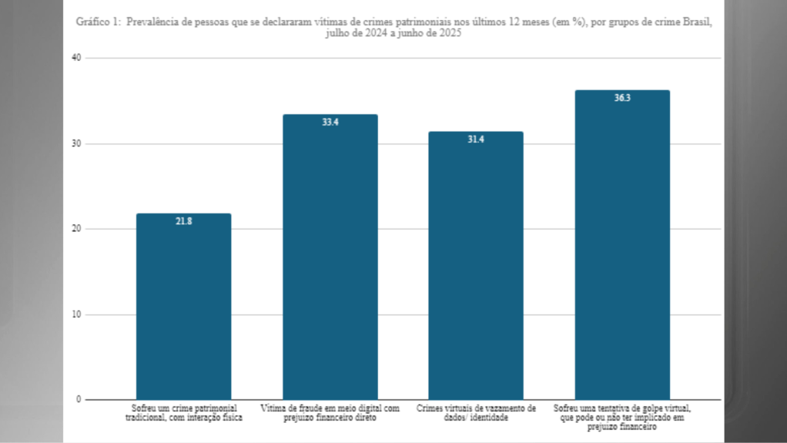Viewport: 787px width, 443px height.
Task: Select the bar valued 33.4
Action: (x=330, y=257)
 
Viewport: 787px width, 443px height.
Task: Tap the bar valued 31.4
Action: (x=476, y=266)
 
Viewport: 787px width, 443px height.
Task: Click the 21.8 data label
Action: (x=183, y=221)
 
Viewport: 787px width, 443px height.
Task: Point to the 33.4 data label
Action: (x=330, y=122)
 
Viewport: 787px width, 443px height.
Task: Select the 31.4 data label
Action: (x=476, y=139)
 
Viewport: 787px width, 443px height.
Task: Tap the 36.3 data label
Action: (x=622, y=98)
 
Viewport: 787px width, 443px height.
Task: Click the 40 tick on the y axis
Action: (x=75, y=59)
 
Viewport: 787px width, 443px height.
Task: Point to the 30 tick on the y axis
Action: (x=75, y=144)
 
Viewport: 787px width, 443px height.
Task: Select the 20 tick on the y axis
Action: (x=75, y=229)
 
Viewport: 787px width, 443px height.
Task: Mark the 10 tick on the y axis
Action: (x=75, y=314)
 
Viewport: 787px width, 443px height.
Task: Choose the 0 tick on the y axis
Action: (x=79, y=399)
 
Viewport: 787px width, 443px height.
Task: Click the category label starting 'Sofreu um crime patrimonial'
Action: (x=183, y=412)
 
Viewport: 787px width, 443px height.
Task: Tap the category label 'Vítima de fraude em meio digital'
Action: (x=330, y=412)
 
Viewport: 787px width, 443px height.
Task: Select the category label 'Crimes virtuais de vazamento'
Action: (x=476, y=412)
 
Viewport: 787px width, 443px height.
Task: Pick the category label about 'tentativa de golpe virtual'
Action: (x=622, y=416)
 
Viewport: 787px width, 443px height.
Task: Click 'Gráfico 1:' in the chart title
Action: (x=99, y=22)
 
